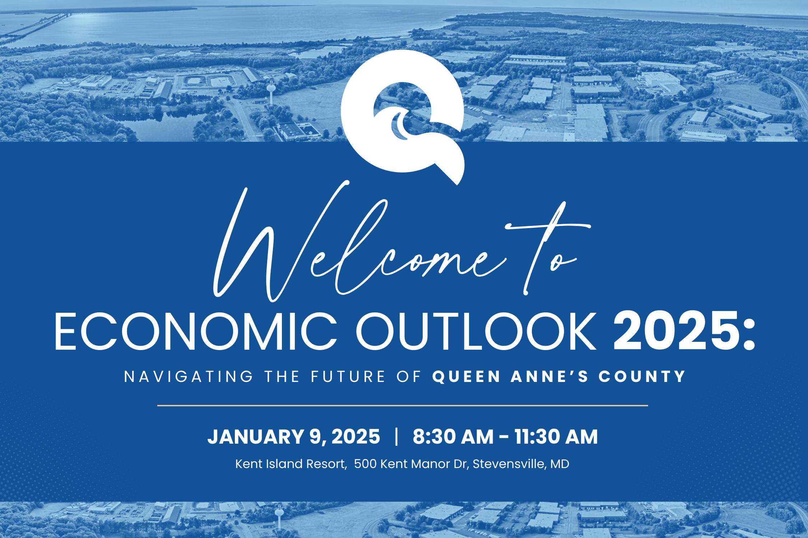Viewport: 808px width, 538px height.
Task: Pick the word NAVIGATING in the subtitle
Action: [x=189, y=377]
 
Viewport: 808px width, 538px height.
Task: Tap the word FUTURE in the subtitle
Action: [x=348, y=377]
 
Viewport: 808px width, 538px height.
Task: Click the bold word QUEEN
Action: [x=466, y=377]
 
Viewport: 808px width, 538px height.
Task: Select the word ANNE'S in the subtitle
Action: [x=549, y=377]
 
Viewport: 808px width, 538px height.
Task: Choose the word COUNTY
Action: [x=642, y=377]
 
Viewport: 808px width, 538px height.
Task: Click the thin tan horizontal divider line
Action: [x=403, y=406]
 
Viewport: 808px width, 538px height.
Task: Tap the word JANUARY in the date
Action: [x=256, y=436]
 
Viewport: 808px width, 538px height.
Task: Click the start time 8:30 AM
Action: [x=453, y=436]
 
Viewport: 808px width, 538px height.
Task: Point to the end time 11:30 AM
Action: [x=556, y=436]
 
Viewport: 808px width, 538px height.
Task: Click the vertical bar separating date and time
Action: [x=396, y=436]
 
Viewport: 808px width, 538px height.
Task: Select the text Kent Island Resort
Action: [x=291, y=464]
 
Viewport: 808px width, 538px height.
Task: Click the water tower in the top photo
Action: [x=271, y=91]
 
